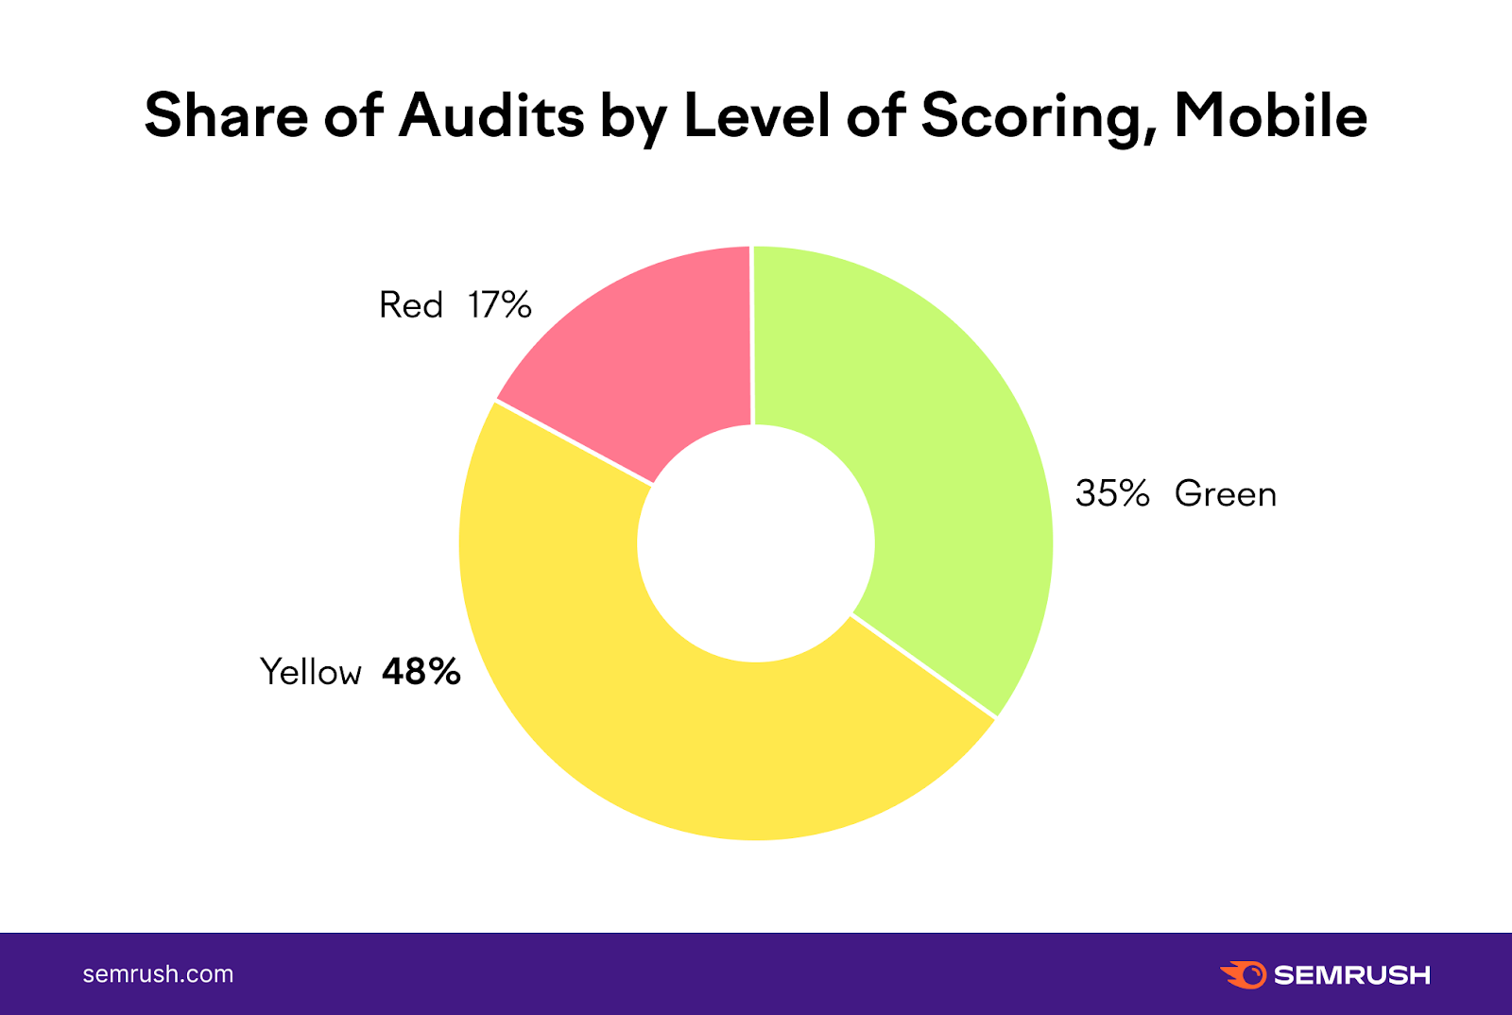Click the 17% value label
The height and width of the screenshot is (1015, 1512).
500,305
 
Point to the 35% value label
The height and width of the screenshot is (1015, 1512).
1112,493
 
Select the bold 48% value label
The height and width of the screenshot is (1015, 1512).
421,672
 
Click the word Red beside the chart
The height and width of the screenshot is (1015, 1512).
411,305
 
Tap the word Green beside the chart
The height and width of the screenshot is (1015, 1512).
1225,493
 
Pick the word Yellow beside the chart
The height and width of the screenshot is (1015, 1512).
311,672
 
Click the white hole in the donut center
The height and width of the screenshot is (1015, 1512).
756,543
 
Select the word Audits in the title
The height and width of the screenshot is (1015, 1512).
491,115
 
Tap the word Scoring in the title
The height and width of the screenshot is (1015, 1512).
1038,117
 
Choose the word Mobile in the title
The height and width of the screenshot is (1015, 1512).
1270,115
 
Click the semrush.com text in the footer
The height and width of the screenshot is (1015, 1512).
158,974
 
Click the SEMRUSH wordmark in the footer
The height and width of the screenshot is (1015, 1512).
1352,974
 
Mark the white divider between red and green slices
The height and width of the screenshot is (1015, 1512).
752,335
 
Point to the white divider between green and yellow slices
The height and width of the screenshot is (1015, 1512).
923,666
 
